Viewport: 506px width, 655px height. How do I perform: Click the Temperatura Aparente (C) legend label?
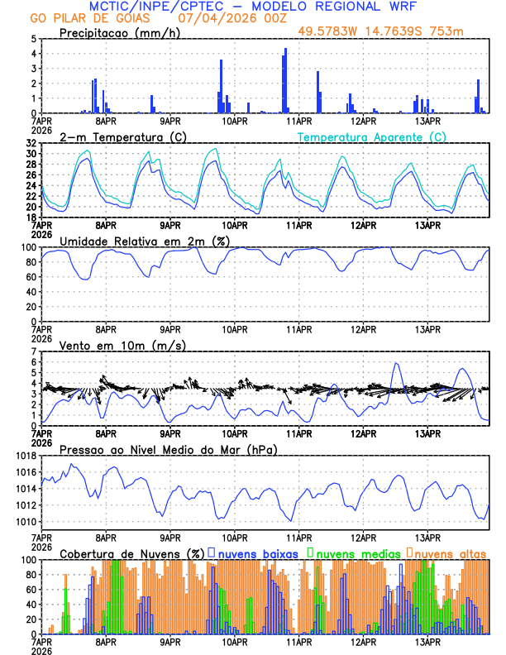click(372, 136)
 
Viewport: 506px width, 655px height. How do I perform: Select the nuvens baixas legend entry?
click(256, 552)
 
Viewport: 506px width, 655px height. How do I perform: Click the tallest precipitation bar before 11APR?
click(286, 81)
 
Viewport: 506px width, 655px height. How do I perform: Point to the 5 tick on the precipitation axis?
click(33, 39)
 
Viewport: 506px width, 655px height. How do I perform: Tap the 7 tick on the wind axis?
click(33, 351)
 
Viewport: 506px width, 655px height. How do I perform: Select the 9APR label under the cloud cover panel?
click(170, 641)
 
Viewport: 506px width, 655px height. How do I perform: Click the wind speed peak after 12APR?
click(396, 363)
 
